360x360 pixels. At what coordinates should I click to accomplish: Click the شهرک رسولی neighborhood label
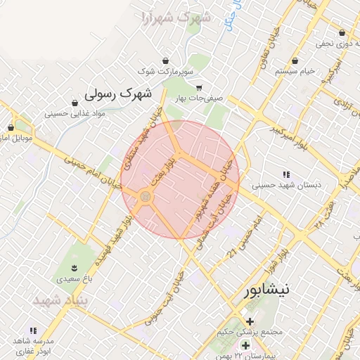118,92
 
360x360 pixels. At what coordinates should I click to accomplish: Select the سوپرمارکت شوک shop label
165,72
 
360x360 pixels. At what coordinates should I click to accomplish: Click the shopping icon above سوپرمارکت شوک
165,60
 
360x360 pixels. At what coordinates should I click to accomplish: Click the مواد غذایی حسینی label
75,113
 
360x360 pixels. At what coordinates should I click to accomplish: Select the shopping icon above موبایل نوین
11,127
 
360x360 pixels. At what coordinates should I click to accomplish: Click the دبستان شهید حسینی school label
285,185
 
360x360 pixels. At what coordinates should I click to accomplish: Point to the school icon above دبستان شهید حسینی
285,174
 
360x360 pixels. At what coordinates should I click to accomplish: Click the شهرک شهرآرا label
175,16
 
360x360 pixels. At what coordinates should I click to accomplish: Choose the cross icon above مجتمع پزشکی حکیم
250,321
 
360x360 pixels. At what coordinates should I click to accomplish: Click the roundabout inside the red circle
146,198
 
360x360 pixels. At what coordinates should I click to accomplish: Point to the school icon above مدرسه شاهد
32,330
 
